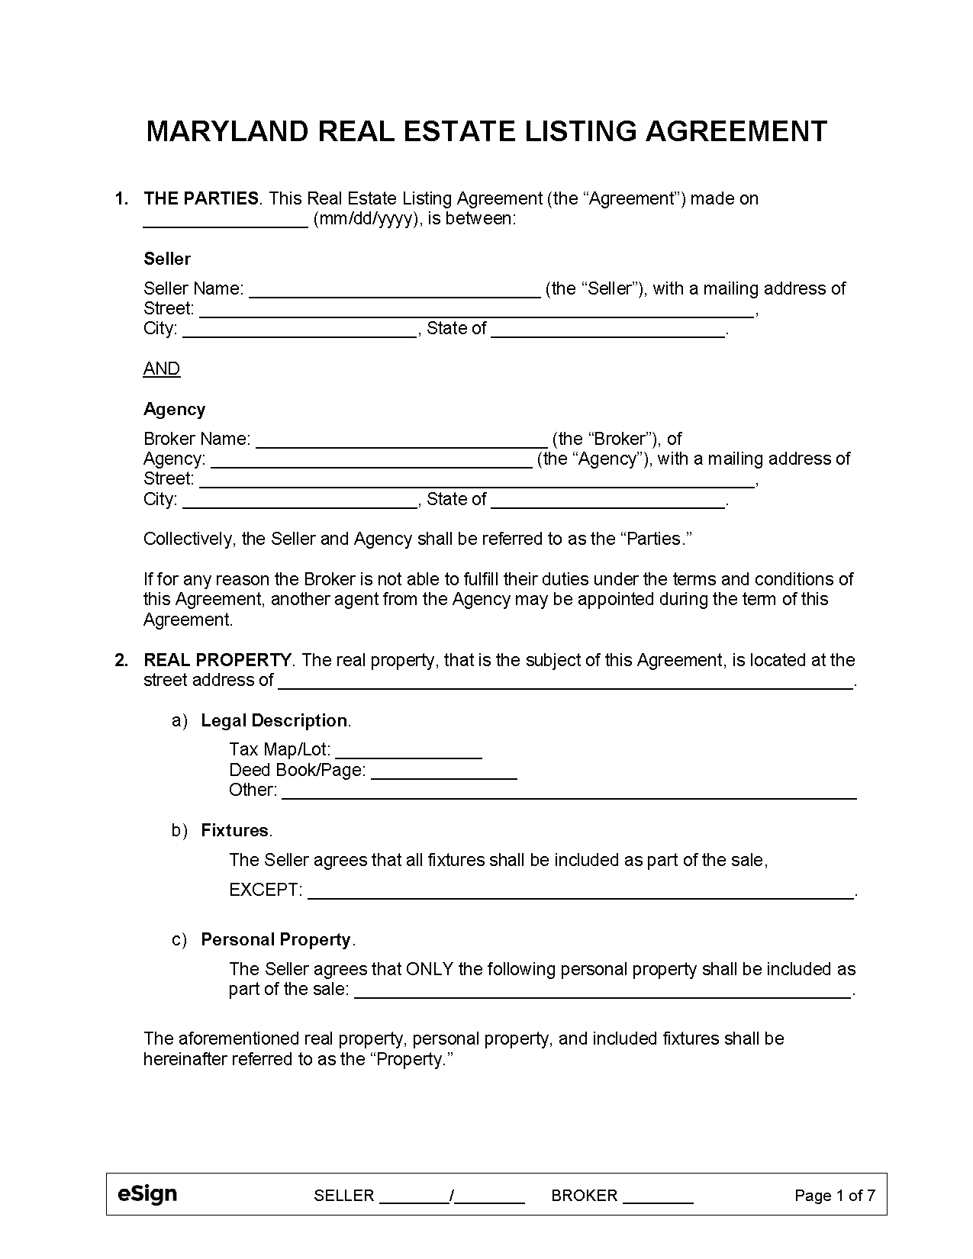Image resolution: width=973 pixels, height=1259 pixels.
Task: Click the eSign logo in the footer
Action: tap(147, 1194)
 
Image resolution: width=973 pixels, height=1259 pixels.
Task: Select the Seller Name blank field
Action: tap(395, 290)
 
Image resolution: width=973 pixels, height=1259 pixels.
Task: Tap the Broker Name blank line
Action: tap(401, 440)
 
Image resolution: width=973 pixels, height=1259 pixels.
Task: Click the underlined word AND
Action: tap(162, 369)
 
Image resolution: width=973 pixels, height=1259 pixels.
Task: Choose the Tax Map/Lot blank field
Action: tap(408, 751)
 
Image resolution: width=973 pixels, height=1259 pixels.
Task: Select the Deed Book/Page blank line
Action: tap(443, 771)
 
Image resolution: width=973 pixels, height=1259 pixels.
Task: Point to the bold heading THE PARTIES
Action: tap(201, 199)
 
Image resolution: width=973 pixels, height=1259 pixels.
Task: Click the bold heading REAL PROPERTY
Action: tap(217, 660)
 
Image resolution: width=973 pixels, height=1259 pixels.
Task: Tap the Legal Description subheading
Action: tap(274, 721)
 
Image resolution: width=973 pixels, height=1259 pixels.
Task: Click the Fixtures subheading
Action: tap(234, 831)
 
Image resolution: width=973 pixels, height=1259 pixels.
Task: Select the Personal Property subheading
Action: tap(275, 940)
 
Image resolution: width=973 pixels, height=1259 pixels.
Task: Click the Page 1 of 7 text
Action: tap(834, 1196)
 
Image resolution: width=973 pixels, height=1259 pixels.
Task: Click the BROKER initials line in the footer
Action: tap(658, 1196)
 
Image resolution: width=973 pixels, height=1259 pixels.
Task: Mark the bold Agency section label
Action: tap(174, 410)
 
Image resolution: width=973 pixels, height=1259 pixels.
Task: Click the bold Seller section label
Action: tap(166, 259)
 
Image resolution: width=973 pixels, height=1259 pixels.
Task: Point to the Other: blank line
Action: tap(569, 791)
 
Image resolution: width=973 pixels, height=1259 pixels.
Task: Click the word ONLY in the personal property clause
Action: tap(430, 970)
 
